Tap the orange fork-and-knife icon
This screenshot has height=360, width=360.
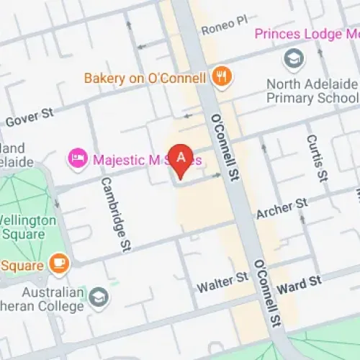click(x=221, y=76)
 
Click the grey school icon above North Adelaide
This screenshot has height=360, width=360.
click(x=294, y=58)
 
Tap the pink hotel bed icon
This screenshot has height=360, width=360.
click(x=76, y=157)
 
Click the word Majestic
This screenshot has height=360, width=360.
click(x=116, y=157)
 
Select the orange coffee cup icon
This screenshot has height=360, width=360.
click(x=58, y=263)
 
